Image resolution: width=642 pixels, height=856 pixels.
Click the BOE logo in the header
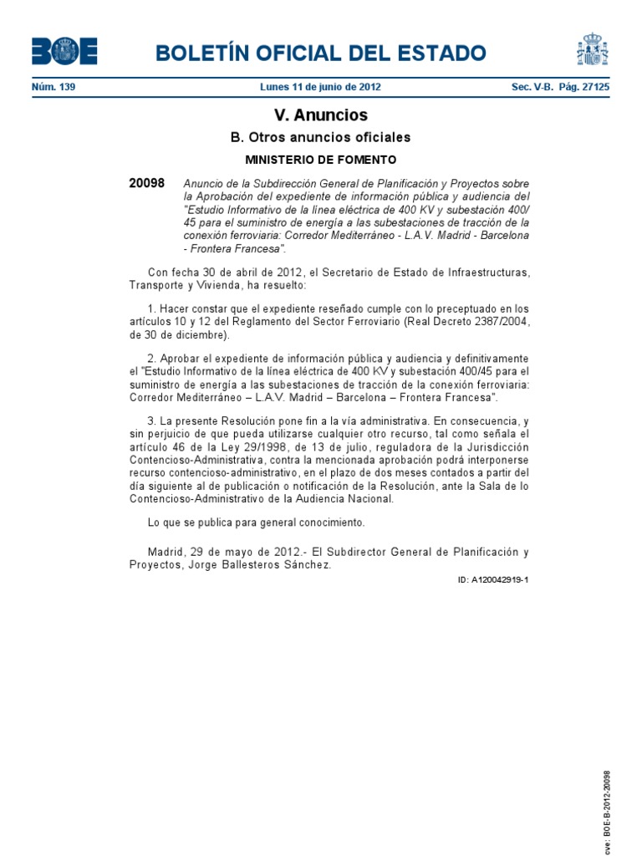[x=64, y=52]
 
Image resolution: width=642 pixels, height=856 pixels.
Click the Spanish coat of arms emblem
[x=593, y=49]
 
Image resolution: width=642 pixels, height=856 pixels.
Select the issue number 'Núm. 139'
[x=53, y=87]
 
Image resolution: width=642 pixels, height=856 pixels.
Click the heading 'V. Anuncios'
[x=320, y=115]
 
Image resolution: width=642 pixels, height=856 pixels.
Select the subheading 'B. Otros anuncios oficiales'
[x=320, y=138]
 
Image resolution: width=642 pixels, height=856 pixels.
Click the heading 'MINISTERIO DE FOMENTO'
[x=320, y=159]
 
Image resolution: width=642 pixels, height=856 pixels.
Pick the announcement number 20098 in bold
[x=147, y=183]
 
